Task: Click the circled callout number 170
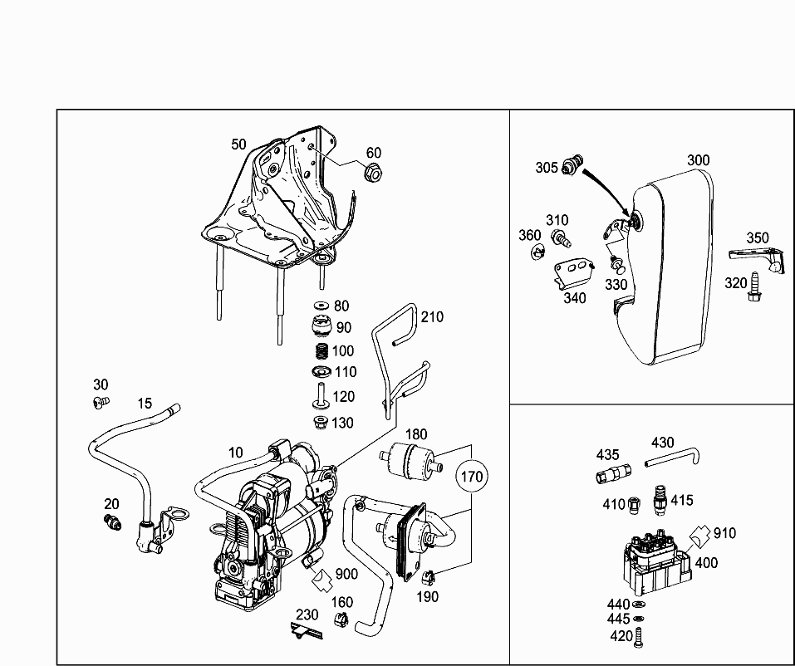(472, 477)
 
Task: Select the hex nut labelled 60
(373, 174)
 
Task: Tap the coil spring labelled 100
(321, 351)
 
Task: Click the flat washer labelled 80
(321, 306)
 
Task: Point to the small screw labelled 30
(101, 403)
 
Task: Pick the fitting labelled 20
(112, 522)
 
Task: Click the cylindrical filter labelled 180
(410, 462)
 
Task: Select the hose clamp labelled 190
(429, 577)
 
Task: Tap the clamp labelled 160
(341, 619)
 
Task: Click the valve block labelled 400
(656, 562)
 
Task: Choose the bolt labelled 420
(638, 637)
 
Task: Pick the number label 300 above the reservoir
(698, 160)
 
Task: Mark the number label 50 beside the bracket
(238, 144)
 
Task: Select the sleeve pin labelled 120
(321, 395)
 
